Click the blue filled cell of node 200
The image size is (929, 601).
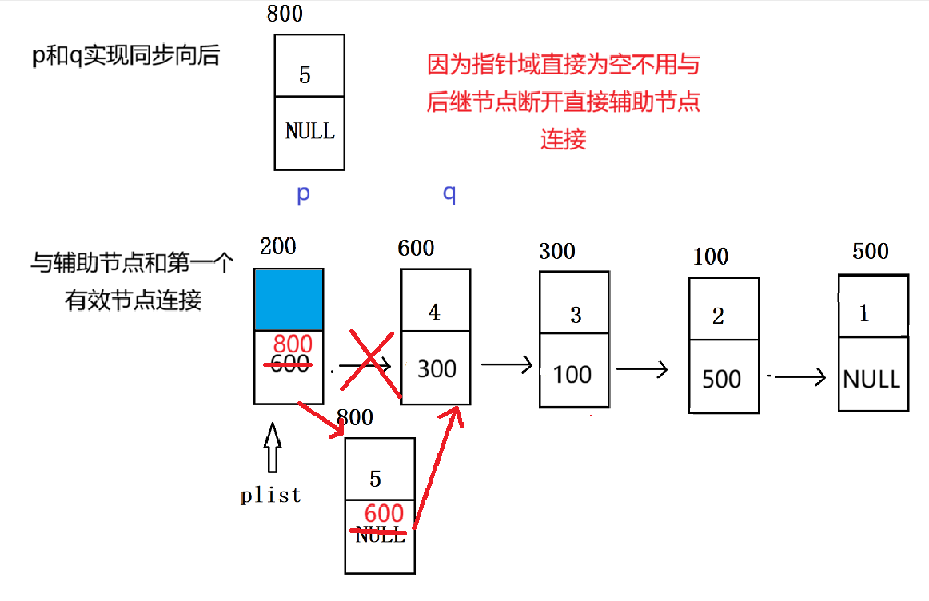point(289,299)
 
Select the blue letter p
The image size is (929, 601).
point(303,194)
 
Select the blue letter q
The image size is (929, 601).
point(449,193)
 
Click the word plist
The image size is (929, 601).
point(271,495)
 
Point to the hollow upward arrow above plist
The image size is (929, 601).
point(273,447)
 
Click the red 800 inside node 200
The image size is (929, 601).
point(292,344)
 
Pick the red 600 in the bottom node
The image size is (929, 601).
point(384,514)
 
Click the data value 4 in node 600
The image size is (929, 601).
point(434,312)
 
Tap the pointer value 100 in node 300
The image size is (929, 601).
point(572,374)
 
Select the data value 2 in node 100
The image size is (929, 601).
point(718,316)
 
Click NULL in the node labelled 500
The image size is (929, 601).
point(871,378)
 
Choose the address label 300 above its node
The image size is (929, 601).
point(557,251)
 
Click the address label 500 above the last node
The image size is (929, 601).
point(871,251)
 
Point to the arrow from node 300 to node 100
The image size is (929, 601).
point(507,365)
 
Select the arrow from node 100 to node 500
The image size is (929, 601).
point(643,368)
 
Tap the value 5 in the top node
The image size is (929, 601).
point(305,75)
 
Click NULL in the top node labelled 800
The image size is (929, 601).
point(309,131)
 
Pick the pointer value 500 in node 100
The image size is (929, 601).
point(721,379)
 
